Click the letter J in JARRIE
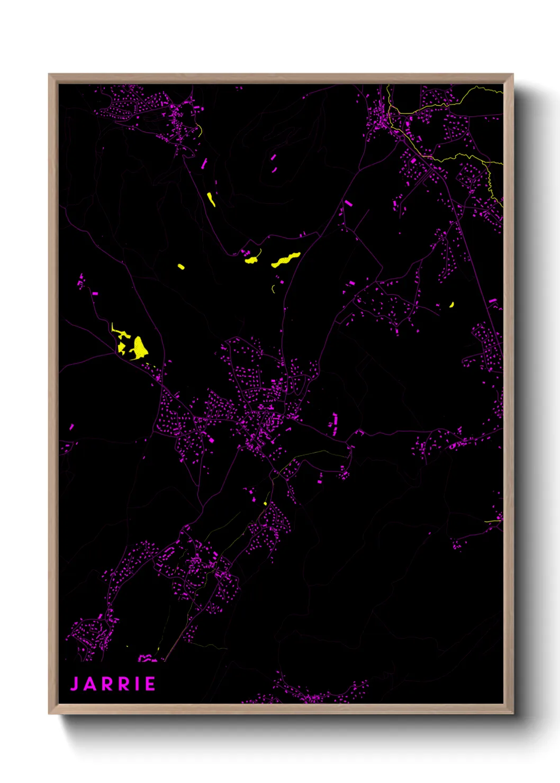tap(75, 684)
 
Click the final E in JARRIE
tap(150, 684)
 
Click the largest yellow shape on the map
tap(140, 348)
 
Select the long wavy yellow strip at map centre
tap(286, 259)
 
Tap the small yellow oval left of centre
tap(181, 267)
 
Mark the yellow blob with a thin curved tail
tap(251, 260)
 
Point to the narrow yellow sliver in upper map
tap(211, 199)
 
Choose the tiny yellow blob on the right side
tap(451, 305)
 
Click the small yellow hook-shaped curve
tap(273, 289)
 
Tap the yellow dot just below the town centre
tap(265, 503)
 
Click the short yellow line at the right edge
tap(493, 521)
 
